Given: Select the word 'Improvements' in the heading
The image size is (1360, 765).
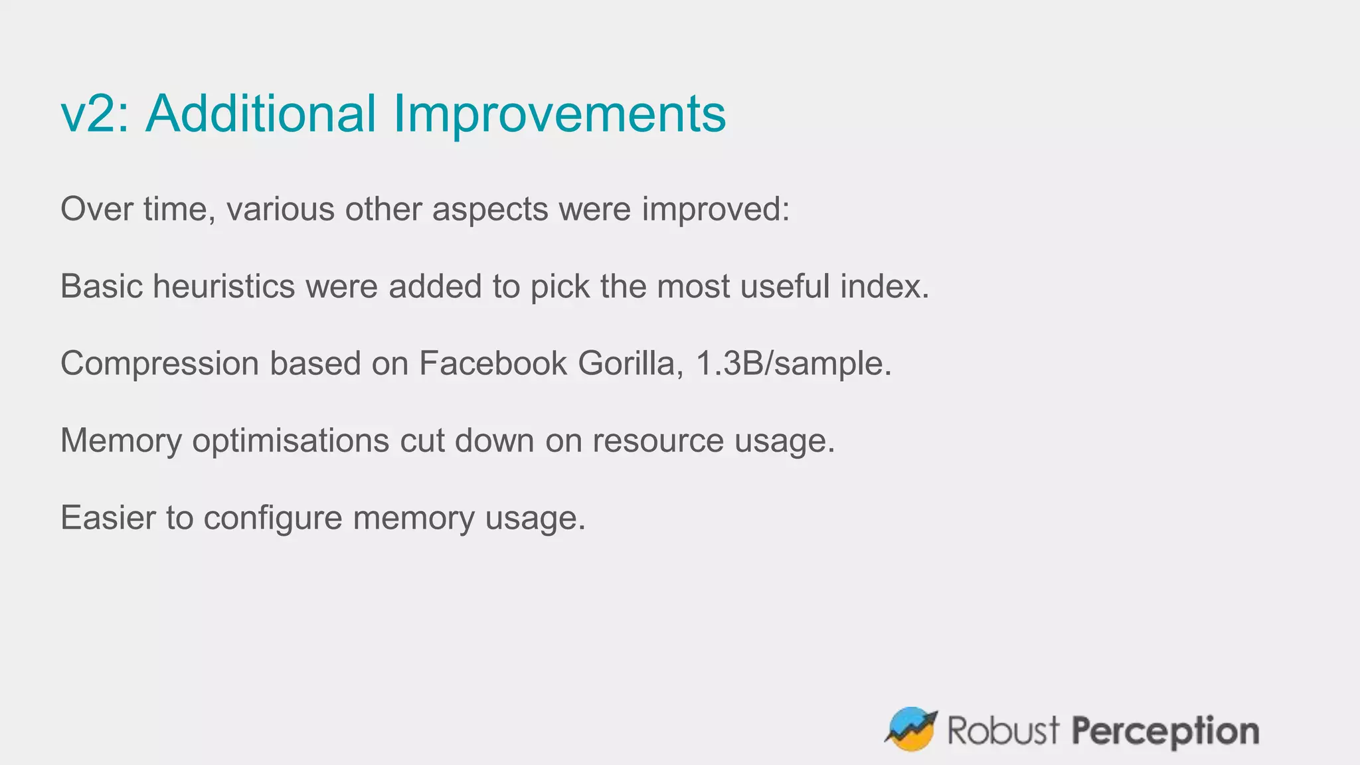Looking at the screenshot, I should (559, 114).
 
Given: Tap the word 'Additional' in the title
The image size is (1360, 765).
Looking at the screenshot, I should (261, 114).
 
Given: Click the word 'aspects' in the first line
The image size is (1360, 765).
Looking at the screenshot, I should (489, 210).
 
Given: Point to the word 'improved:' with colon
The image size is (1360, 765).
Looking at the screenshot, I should (715, 210).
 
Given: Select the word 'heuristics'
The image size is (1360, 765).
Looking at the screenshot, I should (224, 287).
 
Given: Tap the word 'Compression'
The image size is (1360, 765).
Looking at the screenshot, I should (159, 364).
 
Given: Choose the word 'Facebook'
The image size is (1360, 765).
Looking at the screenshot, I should (493, 364).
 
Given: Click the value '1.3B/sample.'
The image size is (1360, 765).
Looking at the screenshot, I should (794, 364).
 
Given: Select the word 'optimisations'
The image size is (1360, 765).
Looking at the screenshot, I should (290, 441).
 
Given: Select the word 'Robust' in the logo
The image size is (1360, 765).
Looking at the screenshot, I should (1003, 730).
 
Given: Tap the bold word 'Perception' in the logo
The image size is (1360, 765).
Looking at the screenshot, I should (1165, 732).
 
